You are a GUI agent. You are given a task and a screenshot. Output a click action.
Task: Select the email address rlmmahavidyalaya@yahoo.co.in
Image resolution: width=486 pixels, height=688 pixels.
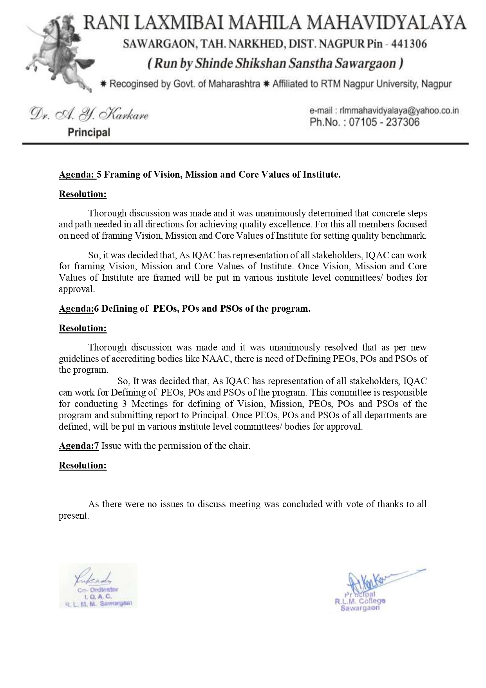(399, 111)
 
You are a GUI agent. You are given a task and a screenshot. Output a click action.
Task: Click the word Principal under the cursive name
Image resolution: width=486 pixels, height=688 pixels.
(89, 133)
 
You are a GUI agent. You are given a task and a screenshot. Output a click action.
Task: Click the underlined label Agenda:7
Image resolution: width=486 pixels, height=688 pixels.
(79, 446)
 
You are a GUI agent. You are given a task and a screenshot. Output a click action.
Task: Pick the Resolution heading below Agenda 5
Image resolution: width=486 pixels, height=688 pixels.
(83, 194)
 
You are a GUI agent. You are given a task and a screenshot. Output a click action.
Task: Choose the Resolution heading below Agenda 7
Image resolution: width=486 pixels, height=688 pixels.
(83, 465)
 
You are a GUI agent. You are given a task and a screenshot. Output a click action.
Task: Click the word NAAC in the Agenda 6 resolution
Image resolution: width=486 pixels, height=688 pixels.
(216, 358)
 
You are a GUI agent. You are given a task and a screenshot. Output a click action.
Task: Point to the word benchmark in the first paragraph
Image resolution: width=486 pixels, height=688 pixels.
(408, 236)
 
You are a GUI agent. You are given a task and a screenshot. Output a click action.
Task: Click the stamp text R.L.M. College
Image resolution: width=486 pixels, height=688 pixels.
(360, 601)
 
